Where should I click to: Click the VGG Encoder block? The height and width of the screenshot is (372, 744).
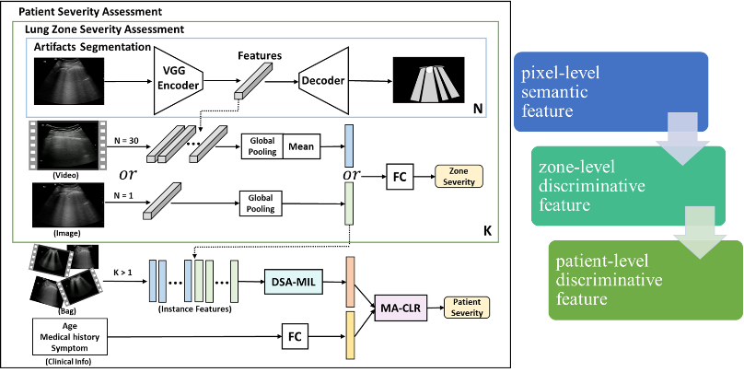tap(182, 80)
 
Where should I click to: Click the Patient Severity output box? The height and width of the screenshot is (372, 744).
tap(466, 306)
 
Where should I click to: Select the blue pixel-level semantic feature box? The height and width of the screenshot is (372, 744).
tap(608, 89)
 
